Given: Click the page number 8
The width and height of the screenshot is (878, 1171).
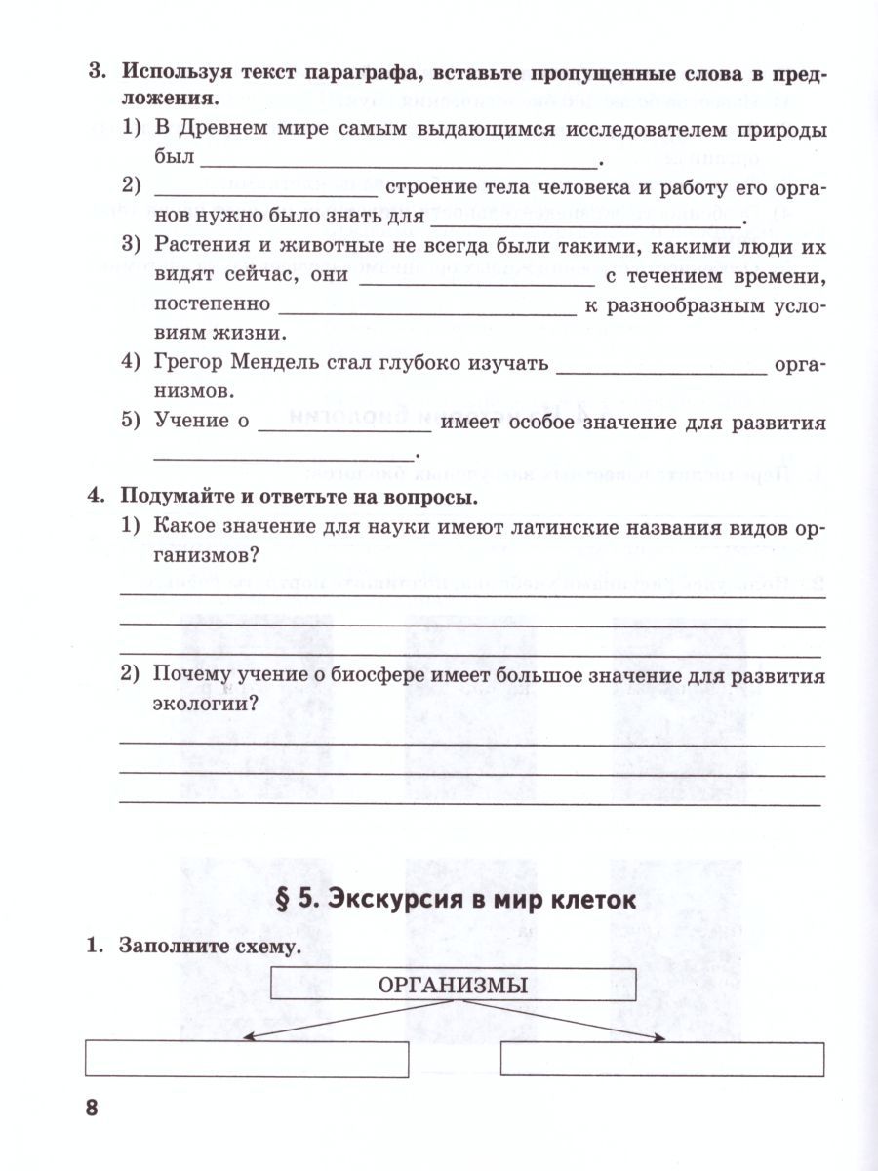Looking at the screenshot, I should (93, 1109).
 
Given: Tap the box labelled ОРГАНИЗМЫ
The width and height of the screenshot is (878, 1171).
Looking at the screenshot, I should (453, 985).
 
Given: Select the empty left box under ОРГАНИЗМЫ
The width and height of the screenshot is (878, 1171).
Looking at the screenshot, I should (247, 1060).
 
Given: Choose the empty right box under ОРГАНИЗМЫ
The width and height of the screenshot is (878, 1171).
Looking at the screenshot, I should (662, 1059).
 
